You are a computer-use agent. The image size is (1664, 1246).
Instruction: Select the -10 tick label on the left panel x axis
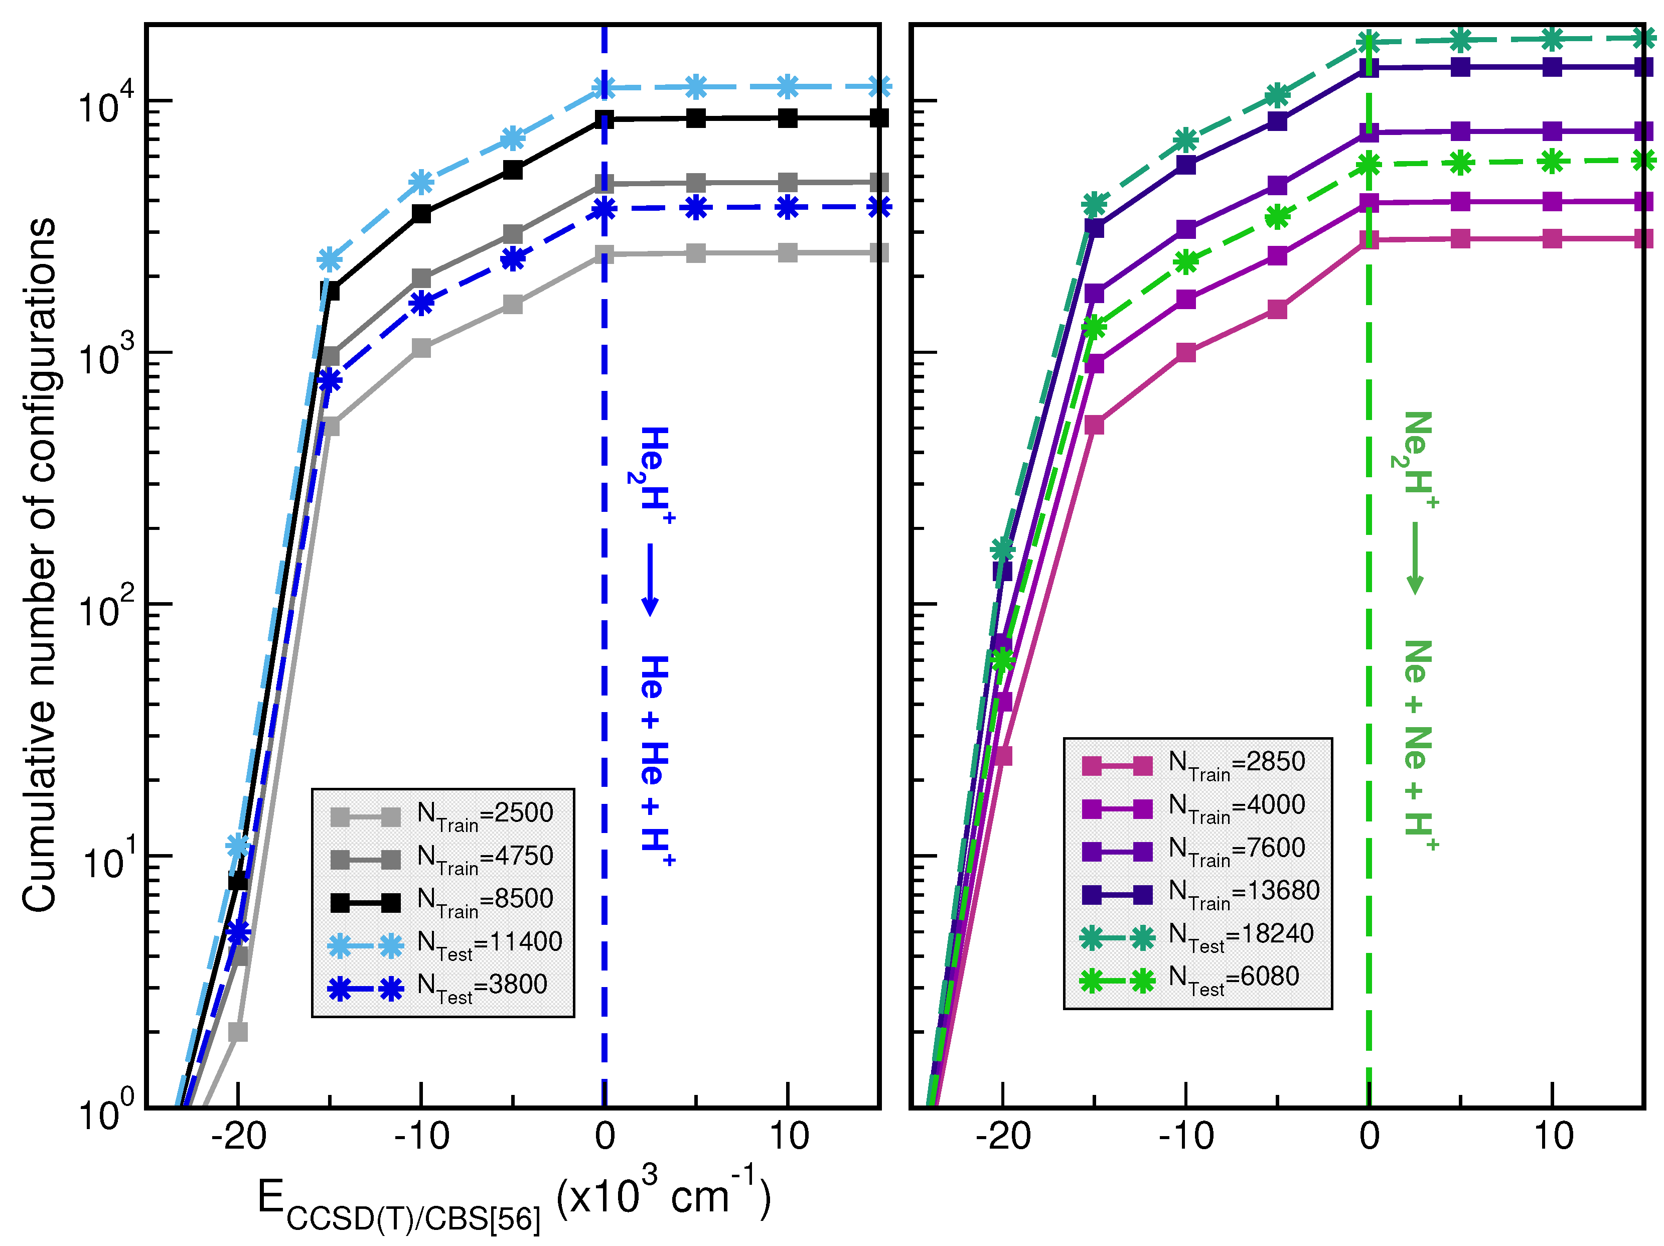coord(421,1136)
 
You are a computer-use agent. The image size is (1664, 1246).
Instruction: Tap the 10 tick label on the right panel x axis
coord(1552,1136)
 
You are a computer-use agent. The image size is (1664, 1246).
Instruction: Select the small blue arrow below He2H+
coord(650,580)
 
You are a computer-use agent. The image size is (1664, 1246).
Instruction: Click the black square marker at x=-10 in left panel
coord(421,214)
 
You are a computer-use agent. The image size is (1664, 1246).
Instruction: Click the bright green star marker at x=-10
coord(1185,262)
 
